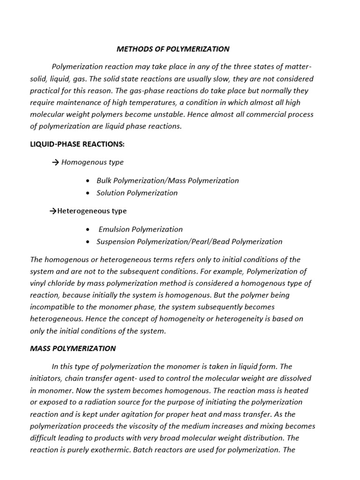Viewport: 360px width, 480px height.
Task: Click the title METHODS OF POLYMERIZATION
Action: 173,49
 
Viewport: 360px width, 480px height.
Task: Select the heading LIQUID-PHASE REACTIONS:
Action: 77,144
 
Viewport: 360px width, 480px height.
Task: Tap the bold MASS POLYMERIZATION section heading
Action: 73,348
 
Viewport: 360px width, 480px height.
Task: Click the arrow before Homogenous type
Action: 55,162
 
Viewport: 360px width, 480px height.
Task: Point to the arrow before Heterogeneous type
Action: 53,211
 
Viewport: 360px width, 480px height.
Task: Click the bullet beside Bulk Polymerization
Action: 89,180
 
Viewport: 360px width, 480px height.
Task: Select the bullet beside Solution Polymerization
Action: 89,193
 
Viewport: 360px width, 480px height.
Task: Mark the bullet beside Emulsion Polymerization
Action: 89,229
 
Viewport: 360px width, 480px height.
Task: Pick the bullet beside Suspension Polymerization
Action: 89,242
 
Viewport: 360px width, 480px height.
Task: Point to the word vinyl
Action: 39,283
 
